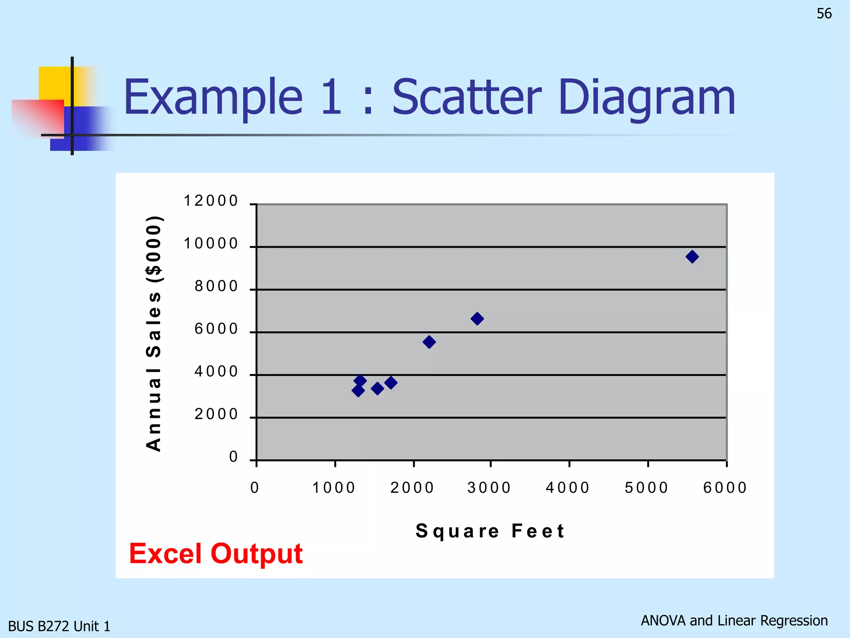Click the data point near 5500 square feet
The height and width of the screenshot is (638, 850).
click(x=692, y=257)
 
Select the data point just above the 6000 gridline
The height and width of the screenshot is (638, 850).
click(x=477, y=319)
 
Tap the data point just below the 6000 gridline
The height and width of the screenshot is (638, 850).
click(x=429, y=342)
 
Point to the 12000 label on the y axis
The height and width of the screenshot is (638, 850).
click(x=211, y=201)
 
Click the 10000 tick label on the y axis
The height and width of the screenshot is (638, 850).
click(x=211, y=244)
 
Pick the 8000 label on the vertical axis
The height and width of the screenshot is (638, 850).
click(x=216, y=287)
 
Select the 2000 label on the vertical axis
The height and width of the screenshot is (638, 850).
click(x=216, y=415)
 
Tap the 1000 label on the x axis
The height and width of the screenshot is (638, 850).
click(x=334, y=488)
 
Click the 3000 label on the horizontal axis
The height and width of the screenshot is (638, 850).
click(x=489, y=488)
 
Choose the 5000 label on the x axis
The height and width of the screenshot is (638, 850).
click(x=647, y=488)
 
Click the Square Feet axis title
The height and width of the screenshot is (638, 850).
click(x=490, y=531)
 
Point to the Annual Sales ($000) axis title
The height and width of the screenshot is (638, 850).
click(x=154, y=333)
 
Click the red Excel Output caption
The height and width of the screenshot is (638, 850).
click(x=216, y=554)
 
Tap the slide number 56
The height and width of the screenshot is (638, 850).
click(x=824, y=14)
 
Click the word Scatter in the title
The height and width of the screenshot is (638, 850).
click(x=467, y=98)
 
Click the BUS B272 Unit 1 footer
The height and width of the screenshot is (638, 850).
click(x=59, y=626)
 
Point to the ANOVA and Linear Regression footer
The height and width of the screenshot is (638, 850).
click(x=734, y=621)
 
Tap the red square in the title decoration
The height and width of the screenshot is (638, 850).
click(x=37, y=116)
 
